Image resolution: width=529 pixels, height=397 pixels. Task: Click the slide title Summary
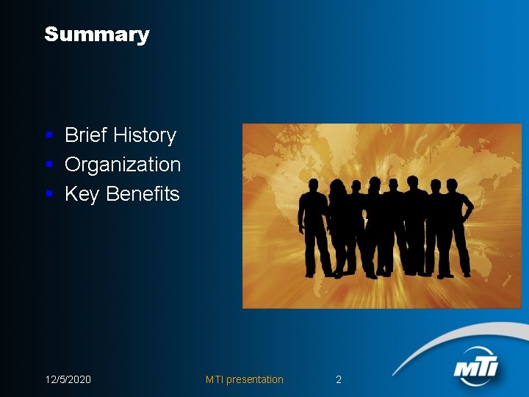tap(96, 35)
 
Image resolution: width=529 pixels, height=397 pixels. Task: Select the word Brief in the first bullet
tap(86, 135)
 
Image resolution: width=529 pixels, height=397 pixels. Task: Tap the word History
tap(144, 135)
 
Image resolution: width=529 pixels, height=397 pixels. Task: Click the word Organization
tap(123, 165)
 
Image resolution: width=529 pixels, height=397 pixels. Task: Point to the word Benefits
tap(143, 194)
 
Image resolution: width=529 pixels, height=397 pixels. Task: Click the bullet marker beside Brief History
tap(48, 135)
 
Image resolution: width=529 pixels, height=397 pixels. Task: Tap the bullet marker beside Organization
tap(48, 165)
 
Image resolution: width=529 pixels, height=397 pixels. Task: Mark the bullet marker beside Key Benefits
tap(48, 194)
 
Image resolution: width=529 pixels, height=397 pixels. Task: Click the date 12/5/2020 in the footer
tap(68, 379)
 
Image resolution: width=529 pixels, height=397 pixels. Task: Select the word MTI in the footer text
tap(215, 379)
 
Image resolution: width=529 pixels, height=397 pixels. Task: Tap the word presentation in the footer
tap(255, 379)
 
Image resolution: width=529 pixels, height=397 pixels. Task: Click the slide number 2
tap(339, 379)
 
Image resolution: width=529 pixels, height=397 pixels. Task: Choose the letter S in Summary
tap(51, 35)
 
